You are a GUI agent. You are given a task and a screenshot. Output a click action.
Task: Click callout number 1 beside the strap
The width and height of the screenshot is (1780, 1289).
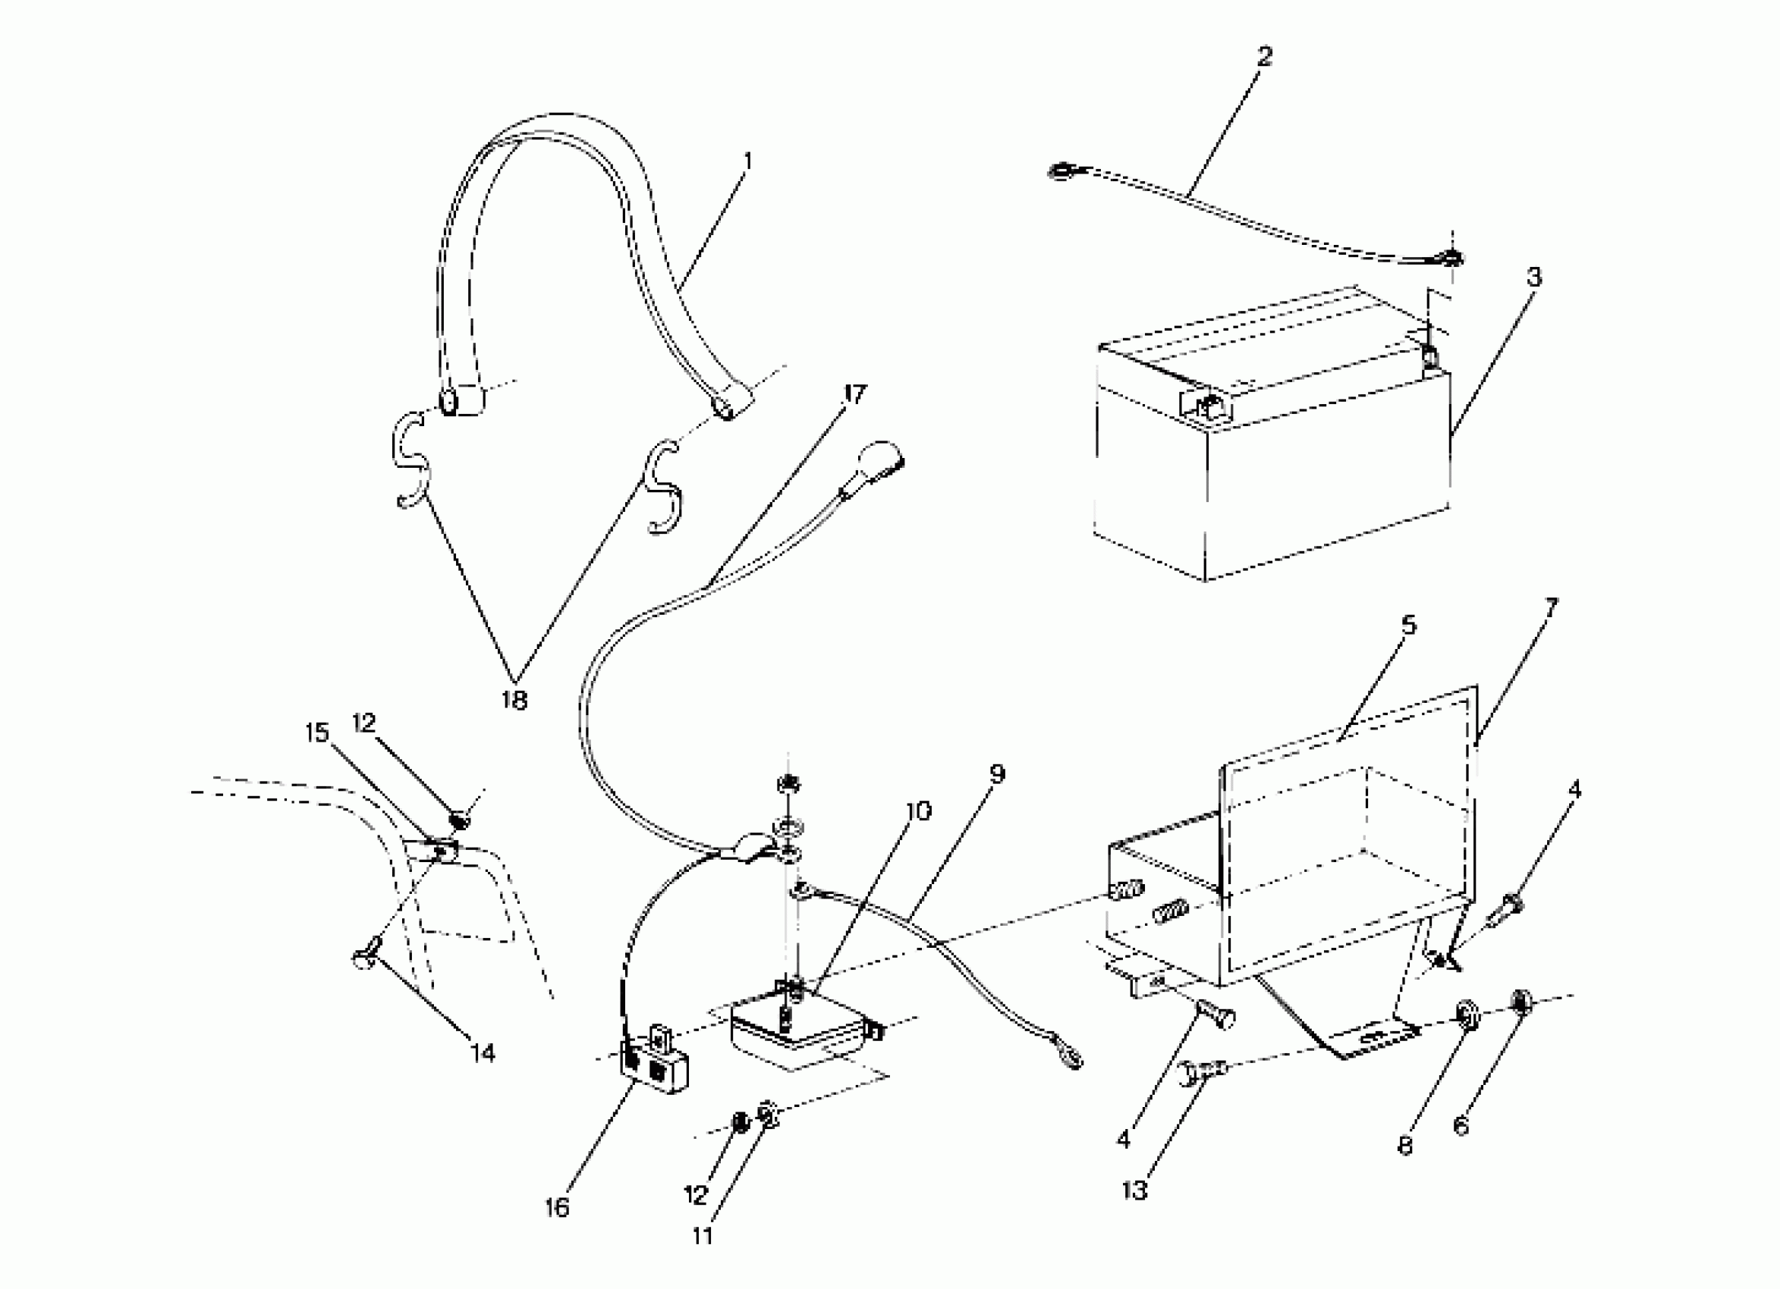[x=747, y=162]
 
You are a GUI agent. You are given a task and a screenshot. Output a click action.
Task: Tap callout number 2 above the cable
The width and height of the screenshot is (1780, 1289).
[x=1263, y=56]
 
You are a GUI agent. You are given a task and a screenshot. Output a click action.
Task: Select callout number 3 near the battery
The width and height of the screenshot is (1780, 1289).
[x=1533, y=277]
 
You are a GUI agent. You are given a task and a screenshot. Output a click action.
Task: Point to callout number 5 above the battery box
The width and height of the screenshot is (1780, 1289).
[x=1410, y=626]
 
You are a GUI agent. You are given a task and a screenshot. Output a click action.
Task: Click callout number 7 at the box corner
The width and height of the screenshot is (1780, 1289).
[x=1551, y=606]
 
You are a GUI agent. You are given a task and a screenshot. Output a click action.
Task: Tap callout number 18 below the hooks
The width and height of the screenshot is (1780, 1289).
[x=514, y=700]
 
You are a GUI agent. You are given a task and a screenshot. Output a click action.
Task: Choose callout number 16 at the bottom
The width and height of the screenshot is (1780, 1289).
[x=556, y=1207]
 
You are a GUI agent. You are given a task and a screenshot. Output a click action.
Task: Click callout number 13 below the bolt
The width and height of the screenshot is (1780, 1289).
[x=1135, y=1190]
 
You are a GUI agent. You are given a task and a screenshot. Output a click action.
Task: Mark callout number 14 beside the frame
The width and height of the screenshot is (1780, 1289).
[x=483, y=1053]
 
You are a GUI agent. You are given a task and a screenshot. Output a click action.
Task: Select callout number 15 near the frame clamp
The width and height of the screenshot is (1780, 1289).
[x=317, y=732]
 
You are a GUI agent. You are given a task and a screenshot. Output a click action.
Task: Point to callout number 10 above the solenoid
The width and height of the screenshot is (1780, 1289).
[x=917, y=811]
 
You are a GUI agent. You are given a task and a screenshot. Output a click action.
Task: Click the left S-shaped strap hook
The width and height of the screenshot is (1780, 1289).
[x=410, y=463]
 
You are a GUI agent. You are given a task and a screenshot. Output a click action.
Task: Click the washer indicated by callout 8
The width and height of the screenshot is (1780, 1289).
[x=1465, y=1015]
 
